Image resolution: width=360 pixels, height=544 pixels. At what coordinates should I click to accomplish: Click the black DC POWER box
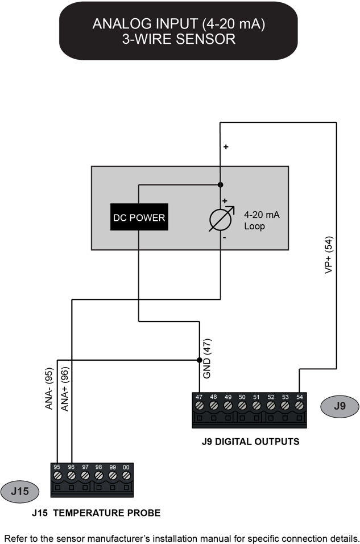point(139,217)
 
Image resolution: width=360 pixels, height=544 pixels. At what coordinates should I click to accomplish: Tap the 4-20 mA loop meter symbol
point(220,219)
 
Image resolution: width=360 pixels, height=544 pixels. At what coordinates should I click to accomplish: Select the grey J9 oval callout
point(340,407)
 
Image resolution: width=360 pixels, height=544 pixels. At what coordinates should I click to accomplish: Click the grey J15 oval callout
point(20,492)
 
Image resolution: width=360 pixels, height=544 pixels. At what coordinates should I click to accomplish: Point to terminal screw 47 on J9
point(199,406)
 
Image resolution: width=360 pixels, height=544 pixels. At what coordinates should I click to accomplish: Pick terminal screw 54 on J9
point(299,406)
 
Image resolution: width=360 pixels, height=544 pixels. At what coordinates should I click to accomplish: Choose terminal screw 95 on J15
point(57,475)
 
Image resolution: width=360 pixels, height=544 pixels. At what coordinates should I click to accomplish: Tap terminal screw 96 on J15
point(71,475)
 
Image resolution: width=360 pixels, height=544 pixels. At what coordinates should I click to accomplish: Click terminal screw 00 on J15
point(126,475)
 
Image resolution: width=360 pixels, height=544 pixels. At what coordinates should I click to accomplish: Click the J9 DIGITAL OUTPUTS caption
point(250,441)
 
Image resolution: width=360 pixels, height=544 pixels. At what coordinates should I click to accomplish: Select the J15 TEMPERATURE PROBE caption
point(96,513)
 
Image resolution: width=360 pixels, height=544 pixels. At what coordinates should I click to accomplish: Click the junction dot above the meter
point(220,184)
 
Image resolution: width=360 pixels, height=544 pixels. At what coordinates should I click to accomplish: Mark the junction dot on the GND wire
point(199,360)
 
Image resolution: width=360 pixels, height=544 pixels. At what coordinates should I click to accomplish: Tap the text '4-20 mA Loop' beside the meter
point(262,221)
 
